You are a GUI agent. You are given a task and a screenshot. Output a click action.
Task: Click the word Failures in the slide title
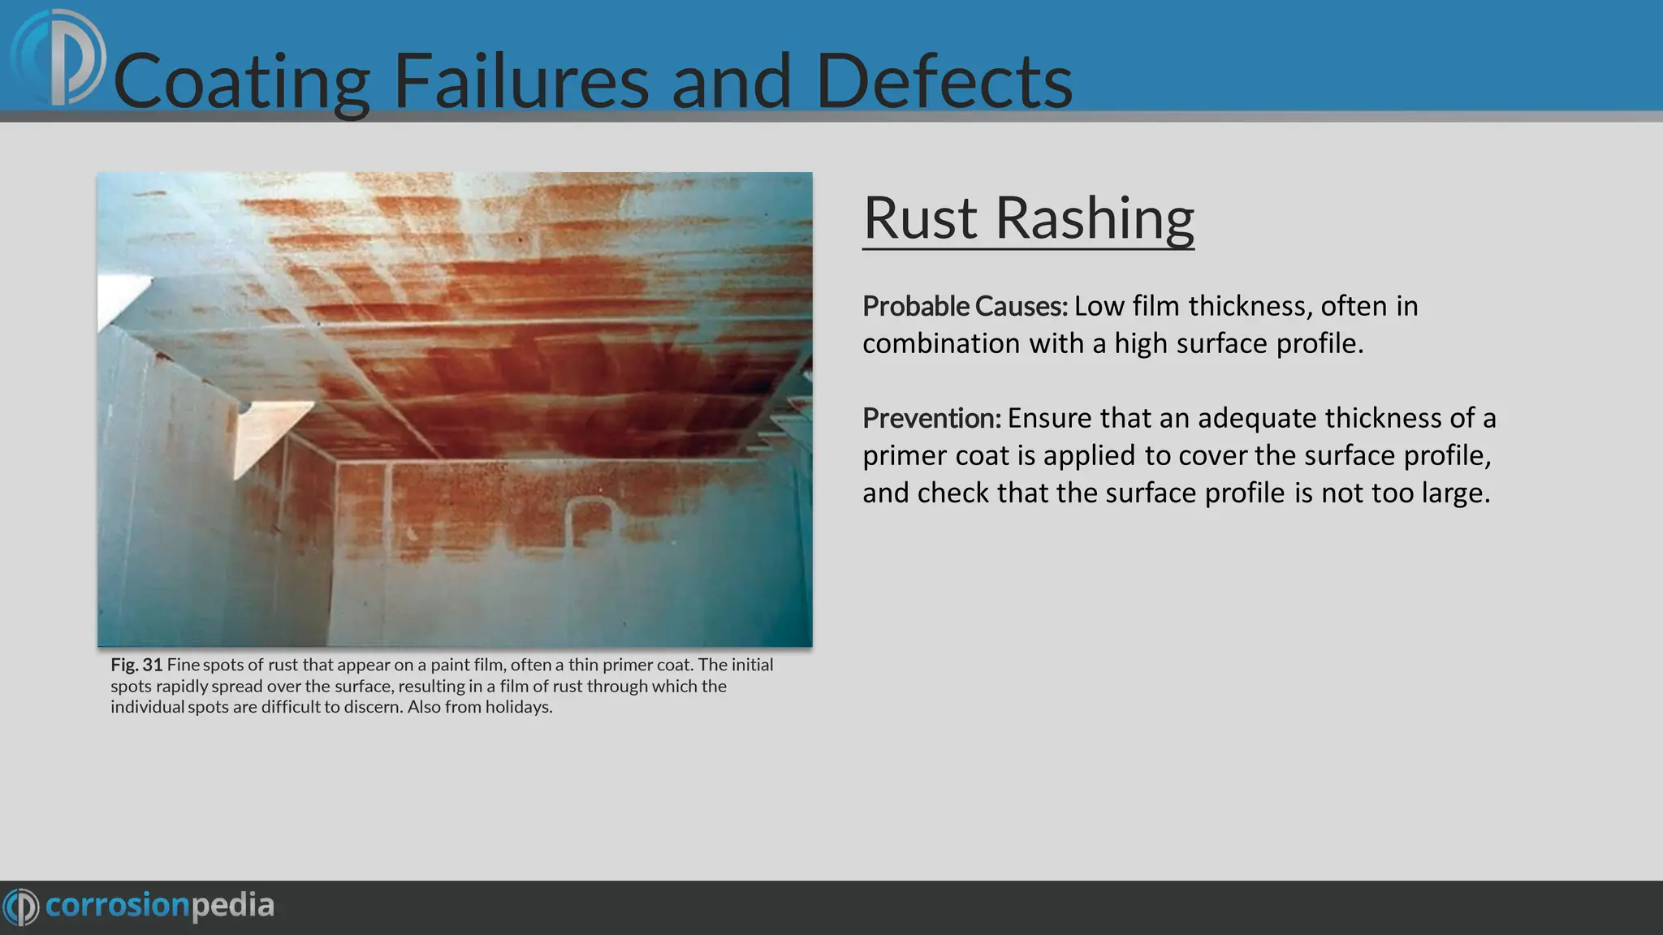pyautogui.click(x=520, y=81)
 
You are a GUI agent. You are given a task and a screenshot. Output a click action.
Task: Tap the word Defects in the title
pyautogui.click(x=944, y=81)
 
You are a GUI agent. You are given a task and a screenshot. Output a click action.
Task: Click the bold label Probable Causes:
pyautogui.click(x=965, y=306)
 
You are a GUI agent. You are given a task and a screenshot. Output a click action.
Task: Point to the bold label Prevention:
pyautogui.click(x=931, y=418)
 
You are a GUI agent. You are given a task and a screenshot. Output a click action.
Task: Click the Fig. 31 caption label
pyautogui.click(x=136, y=665)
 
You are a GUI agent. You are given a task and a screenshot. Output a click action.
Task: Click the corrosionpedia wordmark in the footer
pyautogui.click(x=160, y=905)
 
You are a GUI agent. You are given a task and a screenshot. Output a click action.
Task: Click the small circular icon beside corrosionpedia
pyautogui.click(x=21, y=906)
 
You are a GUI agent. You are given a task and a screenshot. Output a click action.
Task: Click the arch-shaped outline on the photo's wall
pyautogui.click(x=590, y=520)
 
